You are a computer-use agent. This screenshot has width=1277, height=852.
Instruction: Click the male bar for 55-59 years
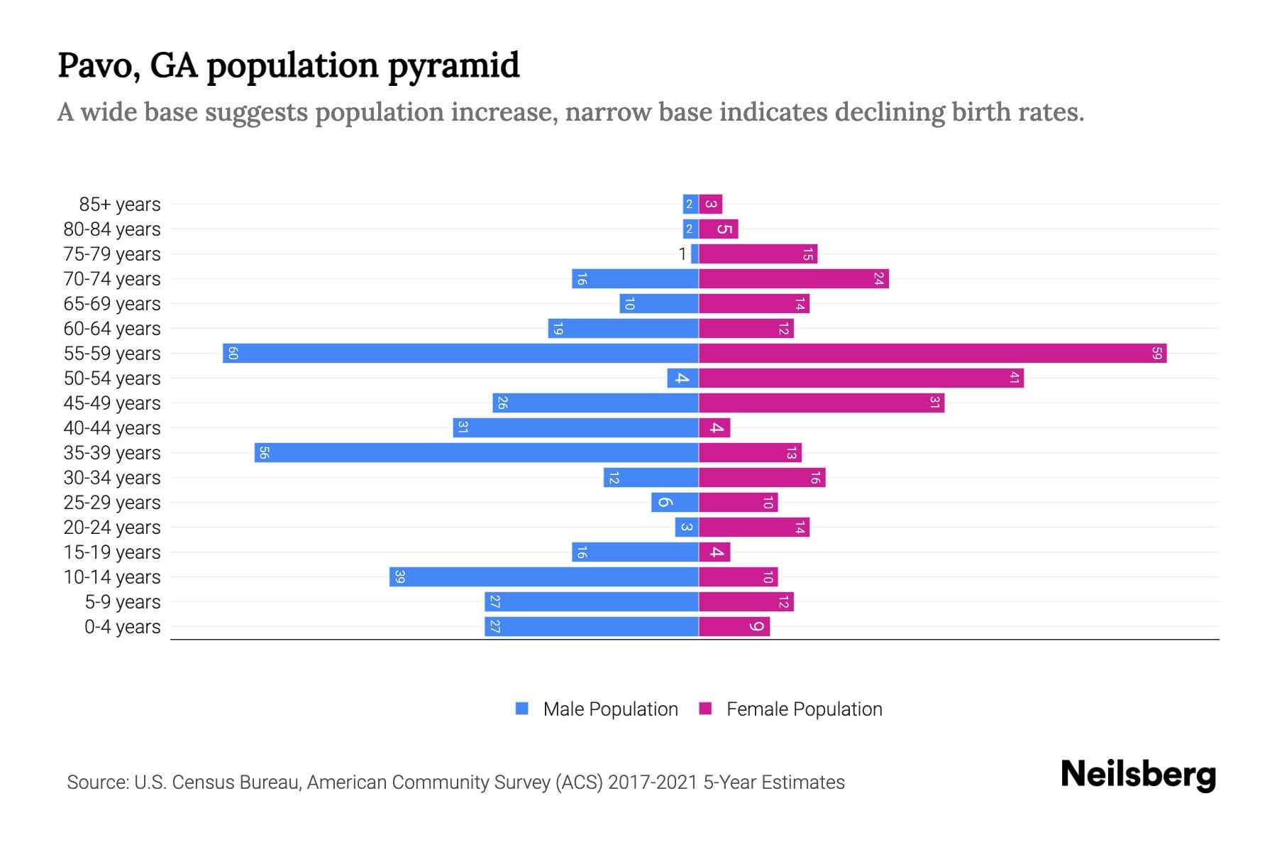point(461,353)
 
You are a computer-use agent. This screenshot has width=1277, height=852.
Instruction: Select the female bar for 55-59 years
point(932,353)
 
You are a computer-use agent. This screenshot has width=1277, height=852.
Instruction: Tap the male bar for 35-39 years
point(477,452)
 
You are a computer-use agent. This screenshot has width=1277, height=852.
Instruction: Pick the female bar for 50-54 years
point(861,378)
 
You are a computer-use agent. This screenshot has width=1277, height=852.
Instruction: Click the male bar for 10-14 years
point(544,577)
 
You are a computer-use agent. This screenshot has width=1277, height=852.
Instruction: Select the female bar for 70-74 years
point(794,278)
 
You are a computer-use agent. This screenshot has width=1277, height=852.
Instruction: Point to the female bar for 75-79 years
point(758,253)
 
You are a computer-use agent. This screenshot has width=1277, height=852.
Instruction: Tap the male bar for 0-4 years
point(592,626)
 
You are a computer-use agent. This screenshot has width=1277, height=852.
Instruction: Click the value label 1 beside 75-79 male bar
point(682,253)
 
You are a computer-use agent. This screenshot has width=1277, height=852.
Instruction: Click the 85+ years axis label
point(120,204)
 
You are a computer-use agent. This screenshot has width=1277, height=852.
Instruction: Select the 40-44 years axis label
point(112,428)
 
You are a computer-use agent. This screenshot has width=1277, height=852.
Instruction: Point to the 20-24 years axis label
point(112,528)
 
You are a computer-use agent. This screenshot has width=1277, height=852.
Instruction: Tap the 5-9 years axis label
point(123,602)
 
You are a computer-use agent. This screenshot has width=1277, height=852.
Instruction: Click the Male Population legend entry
point(597,709)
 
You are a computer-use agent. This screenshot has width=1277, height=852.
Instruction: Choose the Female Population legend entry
point(790,709)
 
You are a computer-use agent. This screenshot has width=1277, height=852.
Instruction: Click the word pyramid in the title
point(454,66)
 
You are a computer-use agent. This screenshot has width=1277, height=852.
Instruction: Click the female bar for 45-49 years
point(822,403)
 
